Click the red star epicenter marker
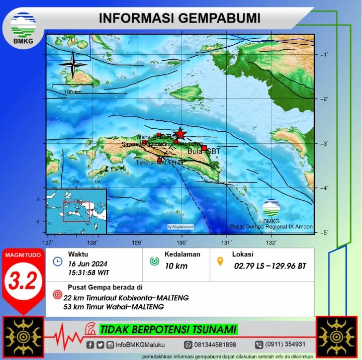point(179,134)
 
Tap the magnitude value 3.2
point(22,282)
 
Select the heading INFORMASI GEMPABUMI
point(179,18)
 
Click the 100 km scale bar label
point(73,92)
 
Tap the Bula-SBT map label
point(204,151)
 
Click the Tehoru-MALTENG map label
point(159,162)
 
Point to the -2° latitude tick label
point(324,99)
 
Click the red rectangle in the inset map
point(76,211)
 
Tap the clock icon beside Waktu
point(58,261)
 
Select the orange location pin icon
point(220,261)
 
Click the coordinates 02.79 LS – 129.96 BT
point(269,265)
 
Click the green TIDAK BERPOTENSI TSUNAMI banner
point(168,330)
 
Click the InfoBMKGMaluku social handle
point(139,345)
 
